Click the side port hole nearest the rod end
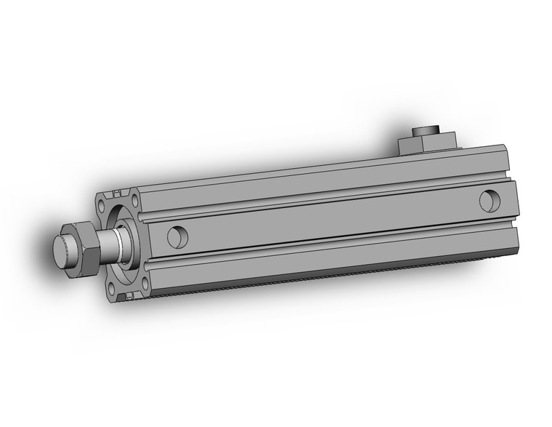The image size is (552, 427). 175,236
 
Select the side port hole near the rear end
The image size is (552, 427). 489,199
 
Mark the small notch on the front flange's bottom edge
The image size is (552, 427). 129,296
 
